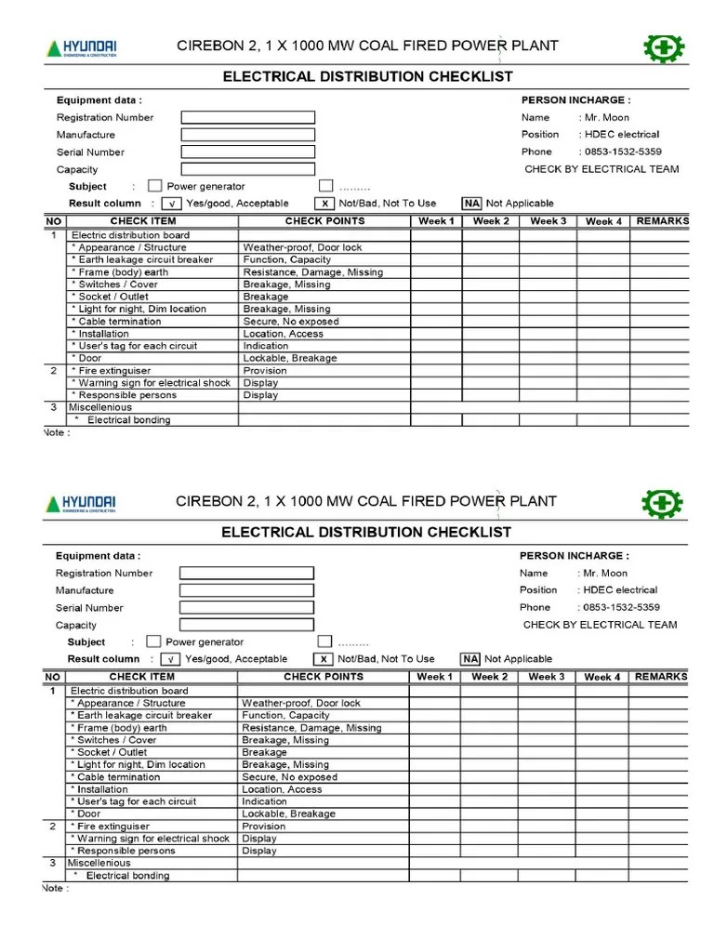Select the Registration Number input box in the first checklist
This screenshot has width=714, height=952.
[x=247, y=117]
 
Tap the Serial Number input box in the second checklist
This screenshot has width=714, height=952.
[x=246, y=608]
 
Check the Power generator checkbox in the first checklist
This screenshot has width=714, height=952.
[x=154, y=186]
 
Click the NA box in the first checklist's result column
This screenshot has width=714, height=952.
[x=471, y=204]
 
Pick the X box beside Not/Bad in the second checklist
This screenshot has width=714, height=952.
[x=324, y=659]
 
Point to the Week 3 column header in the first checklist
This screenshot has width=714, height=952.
[x=548, y=221]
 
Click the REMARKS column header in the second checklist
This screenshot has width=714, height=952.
[x=660, y=677]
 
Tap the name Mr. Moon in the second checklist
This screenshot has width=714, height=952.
[x=605, y=573]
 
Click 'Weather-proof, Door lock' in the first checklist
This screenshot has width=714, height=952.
[x=303, y=247]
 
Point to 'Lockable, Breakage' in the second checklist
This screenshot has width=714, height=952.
[x=288, y=813]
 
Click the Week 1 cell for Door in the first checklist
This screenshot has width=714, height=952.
[x=436, y=358]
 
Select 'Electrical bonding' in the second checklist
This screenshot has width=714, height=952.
[x=128, y=876]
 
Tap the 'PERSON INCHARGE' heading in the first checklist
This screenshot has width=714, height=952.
[x=575, y=99]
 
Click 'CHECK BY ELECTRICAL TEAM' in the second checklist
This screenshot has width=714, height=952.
[x=600, y=625]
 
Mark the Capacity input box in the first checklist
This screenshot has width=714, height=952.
[x=247, y=169]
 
